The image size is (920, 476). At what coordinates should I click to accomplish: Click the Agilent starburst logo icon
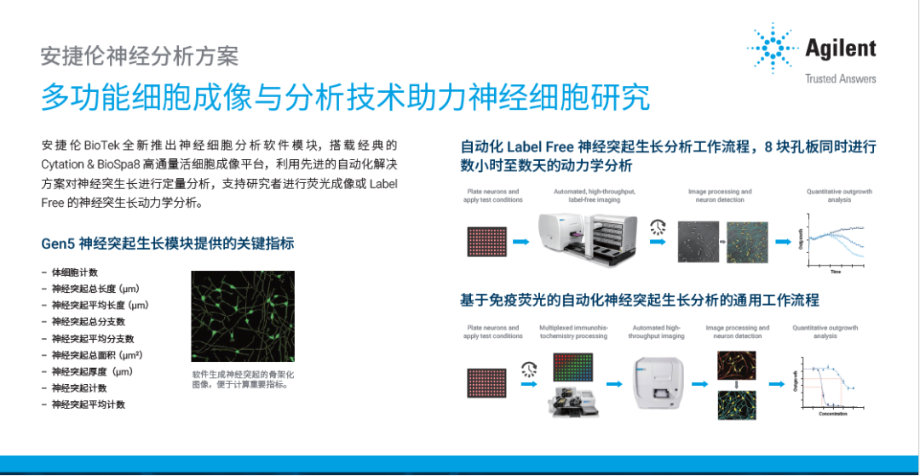771,49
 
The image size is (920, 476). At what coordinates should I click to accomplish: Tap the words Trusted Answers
840,79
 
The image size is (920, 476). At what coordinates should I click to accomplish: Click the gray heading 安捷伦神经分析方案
140,56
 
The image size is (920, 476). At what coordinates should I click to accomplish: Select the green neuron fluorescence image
243,316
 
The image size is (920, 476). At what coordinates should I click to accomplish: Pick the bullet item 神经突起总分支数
88,322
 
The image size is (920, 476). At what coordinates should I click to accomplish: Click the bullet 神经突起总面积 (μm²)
95,355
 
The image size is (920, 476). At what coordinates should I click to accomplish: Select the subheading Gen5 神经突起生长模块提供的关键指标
168,244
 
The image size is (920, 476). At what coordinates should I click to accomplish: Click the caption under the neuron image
243,379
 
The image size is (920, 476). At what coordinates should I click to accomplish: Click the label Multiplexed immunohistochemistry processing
573,331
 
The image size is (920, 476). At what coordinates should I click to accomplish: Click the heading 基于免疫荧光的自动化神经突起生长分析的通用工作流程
639,300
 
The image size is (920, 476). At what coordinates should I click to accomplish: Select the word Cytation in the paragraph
66,163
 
